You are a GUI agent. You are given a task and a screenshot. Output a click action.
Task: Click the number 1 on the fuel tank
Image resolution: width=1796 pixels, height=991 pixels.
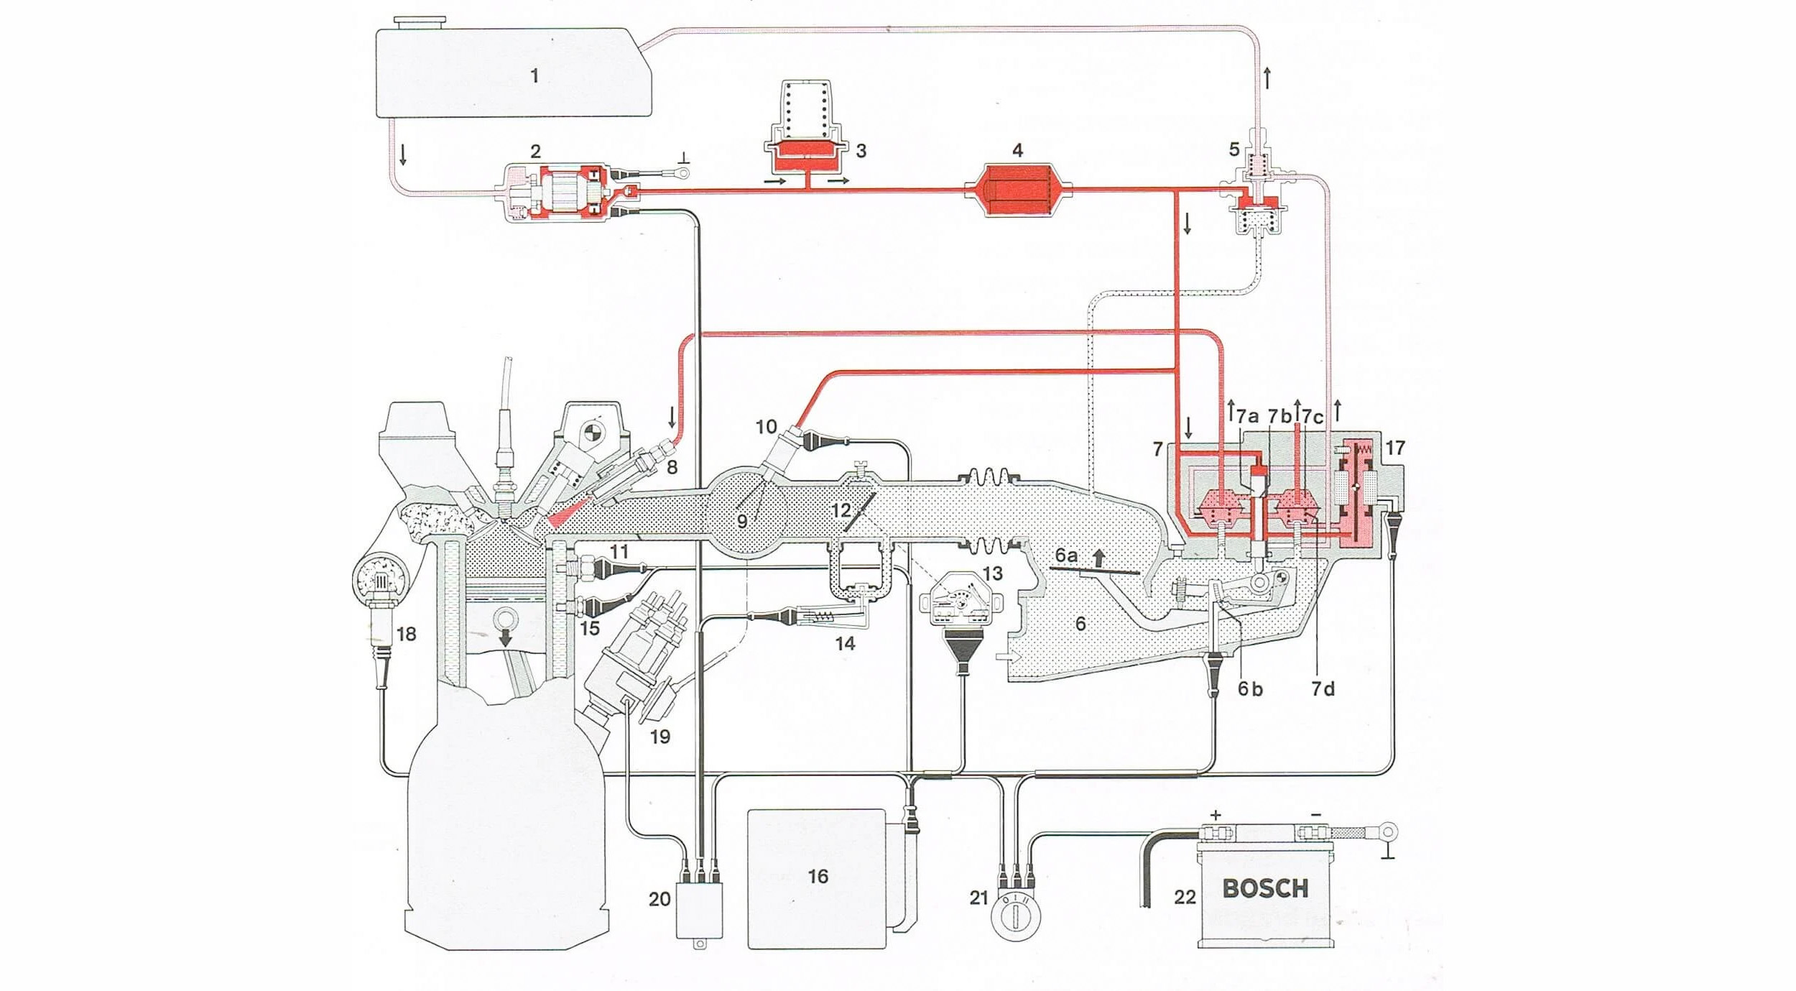click(x=534, y=75)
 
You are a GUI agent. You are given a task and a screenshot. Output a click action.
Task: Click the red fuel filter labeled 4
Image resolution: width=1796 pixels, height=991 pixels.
click(x=1018, y=190)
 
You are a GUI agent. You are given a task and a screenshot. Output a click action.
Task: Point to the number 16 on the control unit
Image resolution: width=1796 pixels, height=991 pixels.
click(x=818, y=876)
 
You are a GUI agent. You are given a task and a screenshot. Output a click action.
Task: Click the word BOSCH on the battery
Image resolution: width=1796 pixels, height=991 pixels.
click(x=1265, y=888)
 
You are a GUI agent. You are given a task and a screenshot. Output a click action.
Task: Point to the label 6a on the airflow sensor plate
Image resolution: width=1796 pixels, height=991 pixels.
click(x=1066, y=556)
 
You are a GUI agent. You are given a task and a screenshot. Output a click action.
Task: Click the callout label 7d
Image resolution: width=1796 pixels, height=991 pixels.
click(x=1323, y=688)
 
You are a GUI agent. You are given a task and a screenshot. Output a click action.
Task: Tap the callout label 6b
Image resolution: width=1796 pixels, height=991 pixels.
click(x=1250, y=688)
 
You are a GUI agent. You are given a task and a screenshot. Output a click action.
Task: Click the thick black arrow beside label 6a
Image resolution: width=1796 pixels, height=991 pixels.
click(x=1098, y=558)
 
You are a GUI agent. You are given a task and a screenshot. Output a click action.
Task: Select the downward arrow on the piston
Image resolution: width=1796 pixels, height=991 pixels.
click(x=506, y=636)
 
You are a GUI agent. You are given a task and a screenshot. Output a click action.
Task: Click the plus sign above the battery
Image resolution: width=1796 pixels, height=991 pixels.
click(x=1216, y=815)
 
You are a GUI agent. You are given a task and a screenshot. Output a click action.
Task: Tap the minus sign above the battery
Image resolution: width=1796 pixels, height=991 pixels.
click(x=1315, y=814)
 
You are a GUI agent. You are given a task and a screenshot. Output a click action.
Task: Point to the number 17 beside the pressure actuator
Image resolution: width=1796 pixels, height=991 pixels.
click(x=1394, y=448)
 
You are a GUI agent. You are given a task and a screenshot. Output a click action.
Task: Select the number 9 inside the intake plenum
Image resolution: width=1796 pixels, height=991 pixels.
click(x=741, y=520)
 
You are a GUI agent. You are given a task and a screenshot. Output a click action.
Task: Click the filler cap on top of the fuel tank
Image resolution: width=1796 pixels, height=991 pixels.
click(x=420, y=22)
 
